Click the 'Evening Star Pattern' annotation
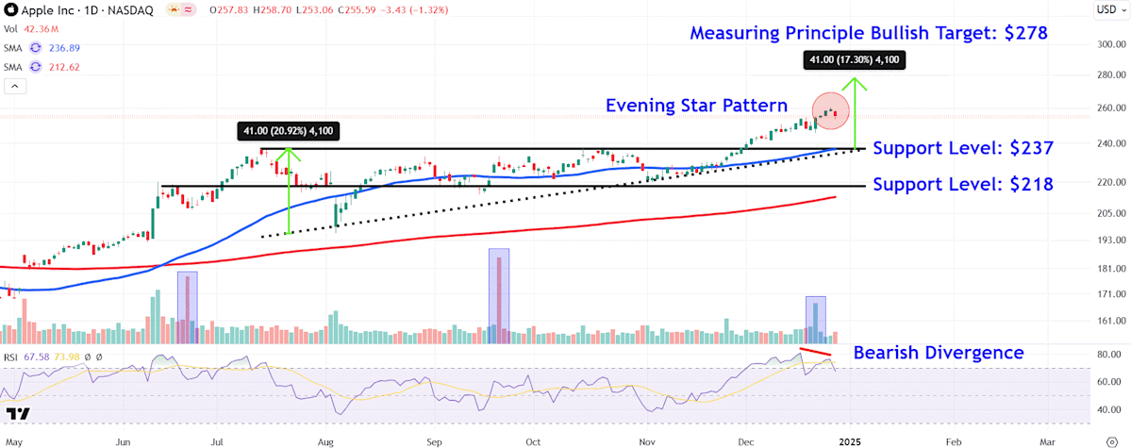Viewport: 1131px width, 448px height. point(697,105)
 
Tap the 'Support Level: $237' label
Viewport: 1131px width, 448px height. point(963,148)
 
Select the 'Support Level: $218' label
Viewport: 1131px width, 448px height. point(963,185)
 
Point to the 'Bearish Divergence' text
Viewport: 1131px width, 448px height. point(939,353)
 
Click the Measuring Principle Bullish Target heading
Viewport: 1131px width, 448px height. point(869,33)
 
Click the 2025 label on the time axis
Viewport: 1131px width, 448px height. point(851,440)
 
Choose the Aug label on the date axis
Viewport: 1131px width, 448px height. point(326,440)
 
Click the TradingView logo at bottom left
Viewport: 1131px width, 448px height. point(18,414)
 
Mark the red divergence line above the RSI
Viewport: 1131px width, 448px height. point(815,355)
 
